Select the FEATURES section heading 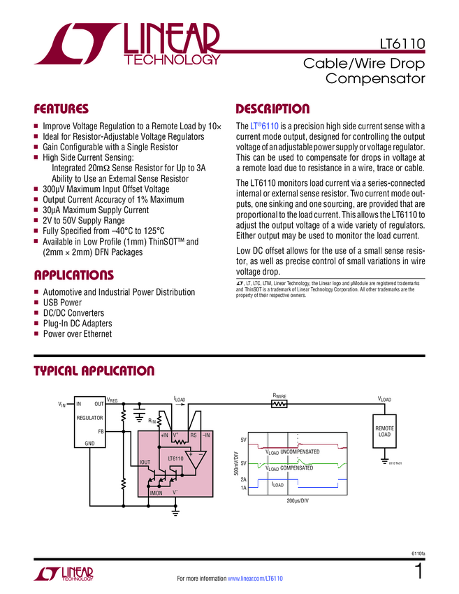click(61, 109)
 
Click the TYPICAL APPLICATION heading click(94, 371)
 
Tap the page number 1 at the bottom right click(418, 572)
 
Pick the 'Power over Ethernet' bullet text click(78, 334)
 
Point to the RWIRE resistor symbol click(279, 404)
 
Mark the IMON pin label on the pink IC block click(156, 493)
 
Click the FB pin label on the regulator click(101, 431)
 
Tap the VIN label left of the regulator click(61, 405)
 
